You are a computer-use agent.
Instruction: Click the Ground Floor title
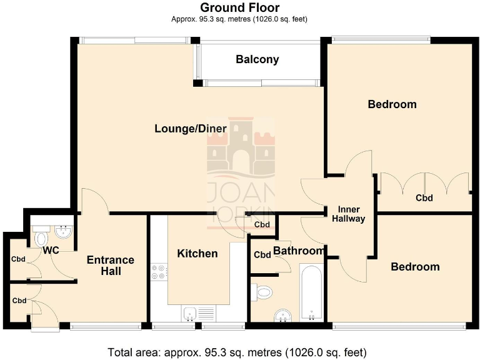coord(239,7)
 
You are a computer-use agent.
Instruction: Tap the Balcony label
coord(257,60)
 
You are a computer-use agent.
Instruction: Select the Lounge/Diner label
coord(191,129)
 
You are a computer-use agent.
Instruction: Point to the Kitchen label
coord(197,253)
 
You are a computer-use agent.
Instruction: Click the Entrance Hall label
coord(110,266)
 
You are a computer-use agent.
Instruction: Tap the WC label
coord(51,251)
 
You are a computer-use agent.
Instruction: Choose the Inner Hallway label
coord(348,214)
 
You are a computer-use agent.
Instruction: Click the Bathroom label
coord(299,251)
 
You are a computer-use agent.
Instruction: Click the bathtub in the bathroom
coord(311,292)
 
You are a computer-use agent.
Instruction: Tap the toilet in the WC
coord(41,238)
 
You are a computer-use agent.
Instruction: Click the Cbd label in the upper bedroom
coord(424,198)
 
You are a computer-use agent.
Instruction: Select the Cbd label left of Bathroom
coord(262,254)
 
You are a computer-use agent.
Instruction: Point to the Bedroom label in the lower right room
coord(415,267)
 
